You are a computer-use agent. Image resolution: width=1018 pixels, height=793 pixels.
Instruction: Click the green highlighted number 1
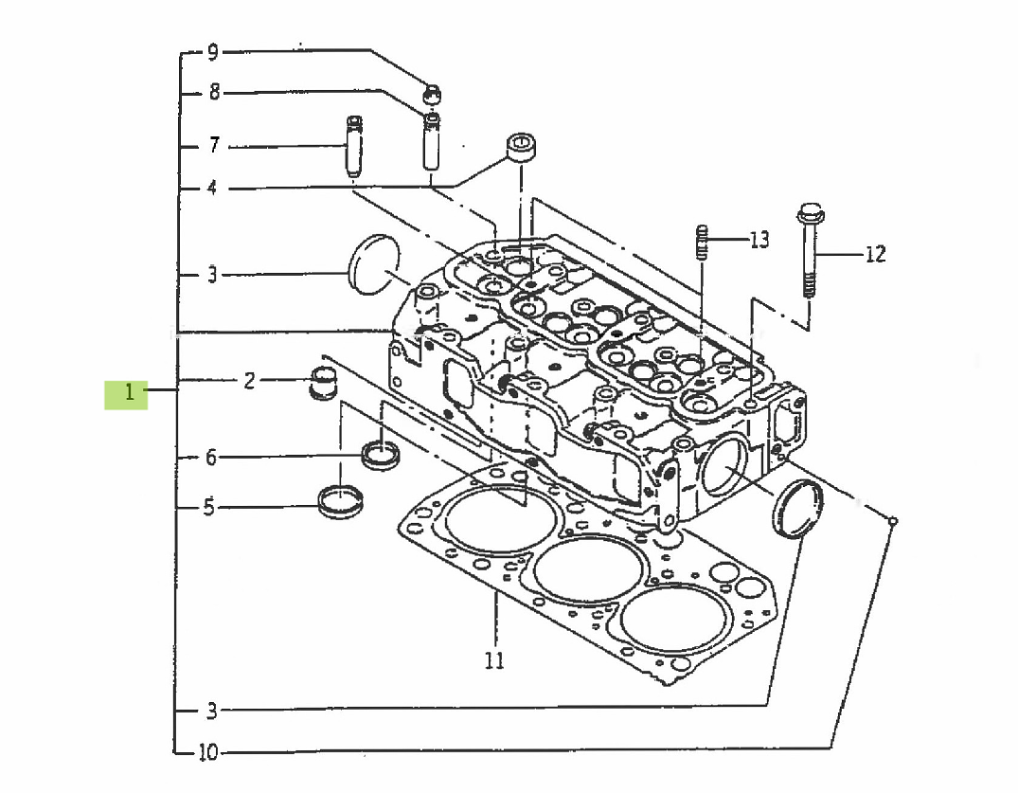[x=126, y=393]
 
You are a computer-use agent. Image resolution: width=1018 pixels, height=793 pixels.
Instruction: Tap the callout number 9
[x=212, y=51]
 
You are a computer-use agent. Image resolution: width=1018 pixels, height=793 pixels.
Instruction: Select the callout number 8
[x=214, y=93]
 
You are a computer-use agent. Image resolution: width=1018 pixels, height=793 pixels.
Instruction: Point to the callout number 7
[x=214, y=146]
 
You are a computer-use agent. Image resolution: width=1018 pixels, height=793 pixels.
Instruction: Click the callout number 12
[x=874, y=254]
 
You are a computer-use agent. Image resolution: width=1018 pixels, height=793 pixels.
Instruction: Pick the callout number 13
[x=759, y=240]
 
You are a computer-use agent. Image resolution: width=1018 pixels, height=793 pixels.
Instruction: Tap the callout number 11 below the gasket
[x=494, y=660]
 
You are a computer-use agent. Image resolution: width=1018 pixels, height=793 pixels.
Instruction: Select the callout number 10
[x=208, y=753]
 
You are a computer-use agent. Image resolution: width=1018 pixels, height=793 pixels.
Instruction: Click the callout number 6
[x=212, y=458]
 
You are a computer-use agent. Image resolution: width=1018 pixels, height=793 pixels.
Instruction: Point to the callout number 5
[x=208, y=507]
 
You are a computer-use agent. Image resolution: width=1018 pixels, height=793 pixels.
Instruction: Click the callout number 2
[x=249, y=382]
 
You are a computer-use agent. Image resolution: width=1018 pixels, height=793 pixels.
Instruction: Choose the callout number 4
[x=212, y=188]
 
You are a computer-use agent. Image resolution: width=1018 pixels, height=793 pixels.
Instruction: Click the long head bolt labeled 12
[x=809, y=251]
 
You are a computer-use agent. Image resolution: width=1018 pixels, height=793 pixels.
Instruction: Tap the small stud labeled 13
[x=702, y=243]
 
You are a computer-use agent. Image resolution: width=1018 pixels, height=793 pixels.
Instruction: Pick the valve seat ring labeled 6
[x=382, y=454]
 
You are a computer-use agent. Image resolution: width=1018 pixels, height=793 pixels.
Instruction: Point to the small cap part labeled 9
[x=432, y=93]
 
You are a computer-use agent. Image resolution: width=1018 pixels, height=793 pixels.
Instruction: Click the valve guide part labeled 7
[x=354, y=146]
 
